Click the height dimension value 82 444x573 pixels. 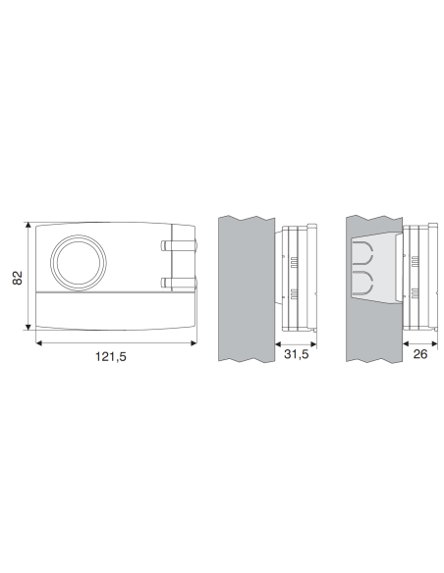(17, 278)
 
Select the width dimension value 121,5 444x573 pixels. (111, 356)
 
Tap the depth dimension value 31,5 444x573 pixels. (297, 354)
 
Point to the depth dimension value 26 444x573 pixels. (419, 354)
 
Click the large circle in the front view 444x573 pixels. (79, 235)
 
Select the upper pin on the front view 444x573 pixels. (179, 245)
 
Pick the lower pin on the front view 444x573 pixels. (179, 283)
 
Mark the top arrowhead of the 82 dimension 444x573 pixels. (28, 225)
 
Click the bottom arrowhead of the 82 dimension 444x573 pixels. (28, 327)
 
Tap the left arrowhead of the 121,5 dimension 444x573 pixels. (39, 342)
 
